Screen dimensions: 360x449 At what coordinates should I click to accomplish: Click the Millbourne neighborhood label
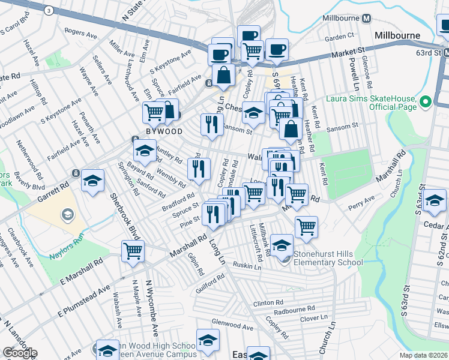click(x=397, y=35)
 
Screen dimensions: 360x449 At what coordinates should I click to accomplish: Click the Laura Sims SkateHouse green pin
click(x=426, y=102)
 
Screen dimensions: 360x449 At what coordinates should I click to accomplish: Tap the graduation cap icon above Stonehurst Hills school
click(x=282, y=244)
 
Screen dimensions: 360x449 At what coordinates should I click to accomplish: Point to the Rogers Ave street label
click(x=80, y=34)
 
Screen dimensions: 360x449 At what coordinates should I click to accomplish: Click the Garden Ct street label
click(x=336, y=37)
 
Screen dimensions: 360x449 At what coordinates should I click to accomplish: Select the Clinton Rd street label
click(x=267, y=304)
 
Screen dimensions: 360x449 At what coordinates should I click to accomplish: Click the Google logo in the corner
click(x=20, y=353)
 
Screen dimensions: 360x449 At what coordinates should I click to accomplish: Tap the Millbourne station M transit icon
click(x=365, y=18)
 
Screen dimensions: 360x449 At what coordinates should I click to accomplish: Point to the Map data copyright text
click(x=423, y=355)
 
